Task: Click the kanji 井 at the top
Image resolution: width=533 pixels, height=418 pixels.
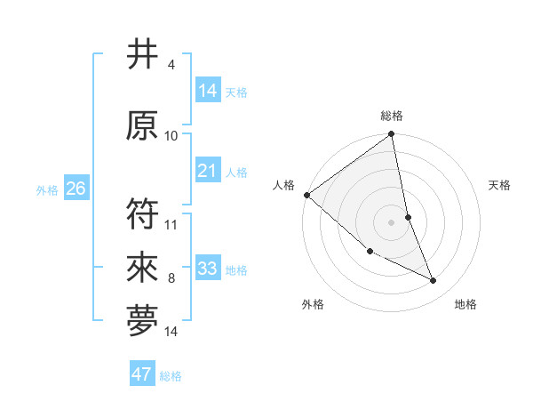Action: [143, 55]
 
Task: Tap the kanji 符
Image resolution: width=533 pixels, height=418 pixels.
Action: [143, 213]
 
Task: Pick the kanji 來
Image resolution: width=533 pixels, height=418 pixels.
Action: [143, 267]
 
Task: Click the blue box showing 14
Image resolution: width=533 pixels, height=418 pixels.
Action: [208, 91]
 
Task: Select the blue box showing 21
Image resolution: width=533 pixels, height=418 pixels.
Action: [208, 171]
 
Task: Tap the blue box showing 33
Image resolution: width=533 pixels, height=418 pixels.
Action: [208, 269]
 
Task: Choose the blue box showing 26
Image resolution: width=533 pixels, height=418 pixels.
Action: [76, 189]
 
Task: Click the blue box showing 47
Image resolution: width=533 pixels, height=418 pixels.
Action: [142, 374]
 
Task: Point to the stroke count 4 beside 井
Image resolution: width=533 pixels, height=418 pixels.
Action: [171, 65]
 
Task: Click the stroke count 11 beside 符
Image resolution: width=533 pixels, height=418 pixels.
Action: [171, 224]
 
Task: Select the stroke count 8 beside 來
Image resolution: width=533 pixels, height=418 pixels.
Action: [171, 278]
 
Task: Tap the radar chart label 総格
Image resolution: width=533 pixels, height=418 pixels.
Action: [392, 116]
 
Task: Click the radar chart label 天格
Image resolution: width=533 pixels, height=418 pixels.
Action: [500, 185]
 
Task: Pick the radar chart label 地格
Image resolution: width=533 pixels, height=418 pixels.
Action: [465, 304]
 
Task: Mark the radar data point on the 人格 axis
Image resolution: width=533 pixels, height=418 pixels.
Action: [306, 195]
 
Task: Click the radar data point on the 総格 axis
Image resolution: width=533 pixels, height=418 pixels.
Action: [392, 134]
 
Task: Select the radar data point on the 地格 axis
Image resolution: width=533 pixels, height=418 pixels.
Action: [434, 281]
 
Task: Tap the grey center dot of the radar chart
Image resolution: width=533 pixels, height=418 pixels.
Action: [392, 221]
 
